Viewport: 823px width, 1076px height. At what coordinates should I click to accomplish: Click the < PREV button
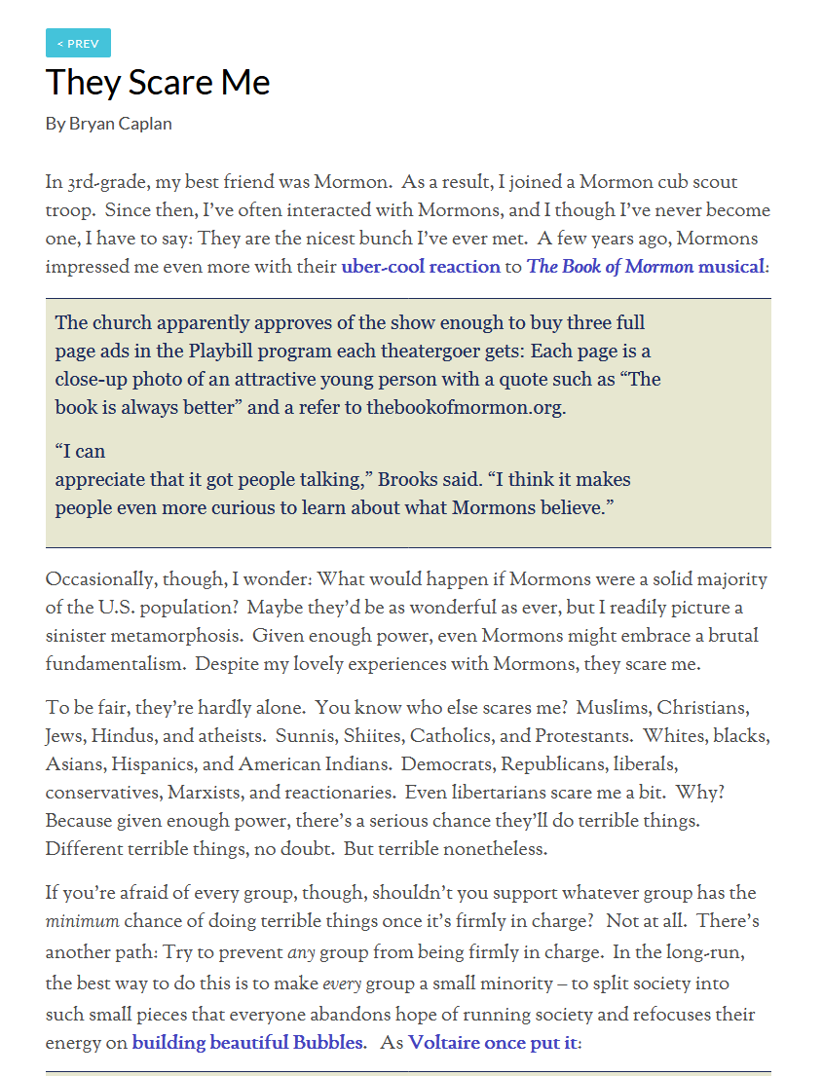click(x=78, y=44)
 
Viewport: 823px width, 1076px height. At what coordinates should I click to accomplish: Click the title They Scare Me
click(x=158, y=82)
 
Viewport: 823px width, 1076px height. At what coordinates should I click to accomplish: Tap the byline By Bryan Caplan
click(x=108, y=124)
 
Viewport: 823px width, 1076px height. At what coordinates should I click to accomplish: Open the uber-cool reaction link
click(x=420, y=266)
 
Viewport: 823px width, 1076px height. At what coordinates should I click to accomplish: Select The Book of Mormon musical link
click(x=646, y=266)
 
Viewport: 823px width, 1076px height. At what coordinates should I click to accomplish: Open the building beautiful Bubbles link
click(x=248, y=1043)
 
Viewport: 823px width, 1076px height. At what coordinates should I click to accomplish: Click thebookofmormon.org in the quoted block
click(x=465, y=407)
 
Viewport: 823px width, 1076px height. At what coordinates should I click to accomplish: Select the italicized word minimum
click(x=82, y=921)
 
